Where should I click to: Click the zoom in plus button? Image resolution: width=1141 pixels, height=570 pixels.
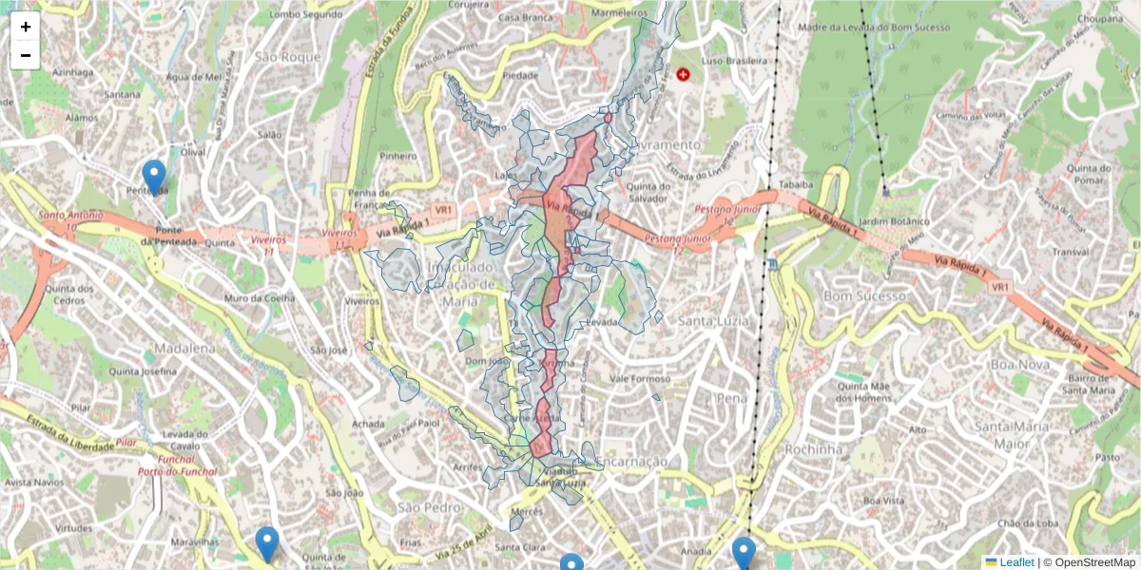[26, 27]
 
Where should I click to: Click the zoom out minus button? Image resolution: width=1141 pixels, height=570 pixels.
[26, 55]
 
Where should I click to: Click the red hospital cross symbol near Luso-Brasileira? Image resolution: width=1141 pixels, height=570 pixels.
[683, 74]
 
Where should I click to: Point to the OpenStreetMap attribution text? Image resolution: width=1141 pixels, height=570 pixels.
[1089, 562]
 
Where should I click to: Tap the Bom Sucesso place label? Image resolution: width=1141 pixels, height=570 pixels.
[864, 296]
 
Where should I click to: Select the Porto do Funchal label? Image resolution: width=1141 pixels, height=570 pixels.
[178, 471]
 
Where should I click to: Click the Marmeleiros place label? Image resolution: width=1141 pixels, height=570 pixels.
[619, 14]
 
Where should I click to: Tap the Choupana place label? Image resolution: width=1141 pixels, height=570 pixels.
[1101, 18]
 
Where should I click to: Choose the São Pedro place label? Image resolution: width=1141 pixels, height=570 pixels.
[422, 508]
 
